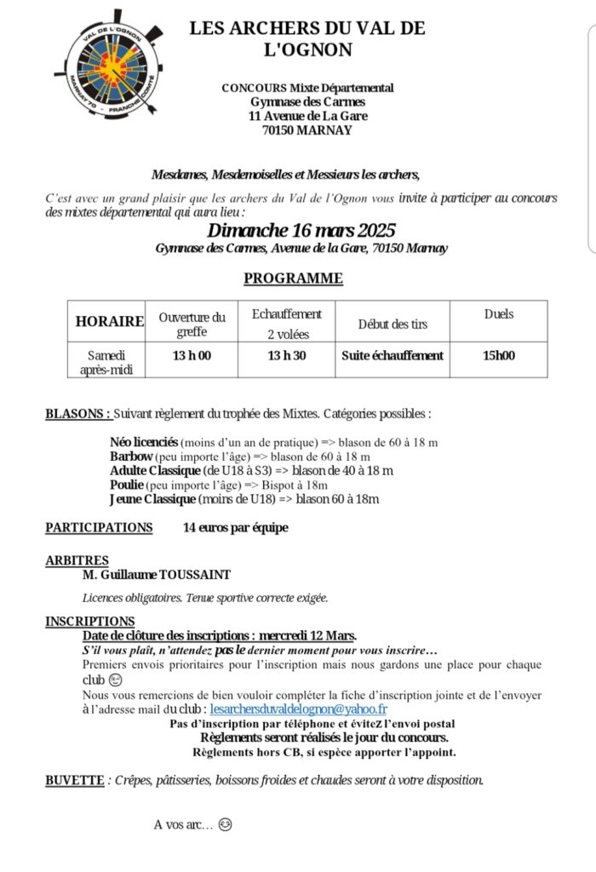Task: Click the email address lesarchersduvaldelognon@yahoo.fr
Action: point(298,708)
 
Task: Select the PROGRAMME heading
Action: point(293,278)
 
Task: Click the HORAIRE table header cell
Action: point(110,321)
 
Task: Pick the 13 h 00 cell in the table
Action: point(192,356)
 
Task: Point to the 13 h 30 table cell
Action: point(286,356)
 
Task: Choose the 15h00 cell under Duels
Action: point(498,356)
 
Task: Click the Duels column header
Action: point(498,314)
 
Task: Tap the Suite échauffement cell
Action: point(393,356)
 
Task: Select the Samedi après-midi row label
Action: point(106,362)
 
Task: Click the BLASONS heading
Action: point(77,414)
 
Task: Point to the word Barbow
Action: point(130,456)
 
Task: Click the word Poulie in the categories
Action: point(127,485)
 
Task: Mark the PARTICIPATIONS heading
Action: point(99,528)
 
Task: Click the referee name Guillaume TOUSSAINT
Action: point(158,575)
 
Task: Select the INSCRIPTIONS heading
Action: point(89,622)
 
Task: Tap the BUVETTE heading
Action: point(74,780)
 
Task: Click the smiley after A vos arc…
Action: point(225,825)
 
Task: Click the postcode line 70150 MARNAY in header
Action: point(307,130)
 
